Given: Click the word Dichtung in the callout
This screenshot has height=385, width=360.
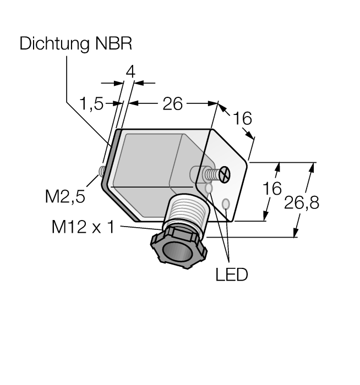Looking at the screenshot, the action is tap(54, 44).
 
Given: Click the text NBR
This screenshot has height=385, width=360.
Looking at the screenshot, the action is tap(113, 43).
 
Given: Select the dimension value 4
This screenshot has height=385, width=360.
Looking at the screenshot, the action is tap(130, 72).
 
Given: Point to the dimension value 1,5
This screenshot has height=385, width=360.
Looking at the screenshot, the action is tap(91, 103).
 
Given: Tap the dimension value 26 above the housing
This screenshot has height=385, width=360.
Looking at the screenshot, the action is tap(172, 103).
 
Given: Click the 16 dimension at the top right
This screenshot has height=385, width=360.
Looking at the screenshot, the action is tap(242, 118).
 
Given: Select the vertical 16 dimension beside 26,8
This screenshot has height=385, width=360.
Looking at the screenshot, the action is tap(272, 189).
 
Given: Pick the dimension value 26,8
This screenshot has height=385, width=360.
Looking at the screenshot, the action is tap(302, 203).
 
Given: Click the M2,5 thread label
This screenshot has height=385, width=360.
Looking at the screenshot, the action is tap(65, 196).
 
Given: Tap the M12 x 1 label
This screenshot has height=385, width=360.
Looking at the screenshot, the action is tap(83, 227).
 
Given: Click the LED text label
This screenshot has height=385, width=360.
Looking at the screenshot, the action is tap(232, 274).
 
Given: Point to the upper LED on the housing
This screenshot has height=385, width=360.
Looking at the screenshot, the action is tap(209, 189).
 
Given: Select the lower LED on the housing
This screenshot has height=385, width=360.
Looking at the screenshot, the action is tap(226, 204).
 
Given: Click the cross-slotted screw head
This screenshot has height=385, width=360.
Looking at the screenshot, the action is tap(225, 174).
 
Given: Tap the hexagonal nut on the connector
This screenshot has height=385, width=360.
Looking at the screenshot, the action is tap(179, 248).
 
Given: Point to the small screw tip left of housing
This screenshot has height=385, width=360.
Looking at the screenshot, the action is tap(101, 171).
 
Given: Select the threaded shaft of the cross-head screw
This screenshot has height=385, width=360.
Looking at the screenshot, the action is tap(212, 174).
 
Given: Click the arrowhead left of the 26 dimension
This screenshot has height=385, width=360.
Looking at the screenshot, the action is tap(134, 103).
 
